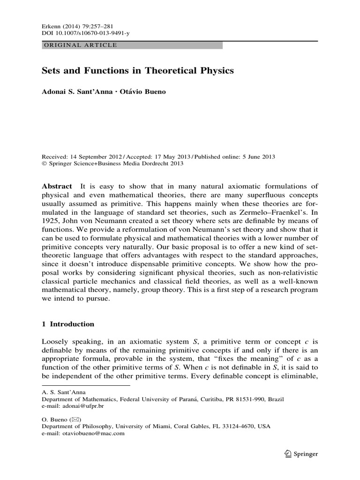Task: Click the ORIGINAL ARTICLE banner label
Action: [80, 45]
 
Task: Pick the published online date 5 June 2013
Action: [257, 157]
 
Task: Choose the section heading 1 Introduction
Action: [68, 324]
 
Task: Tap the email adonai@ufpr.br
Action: [83, 406]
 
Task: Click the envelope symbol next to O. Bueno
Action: [75, 420]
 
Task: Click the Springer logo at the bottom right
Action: [300, 453]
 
